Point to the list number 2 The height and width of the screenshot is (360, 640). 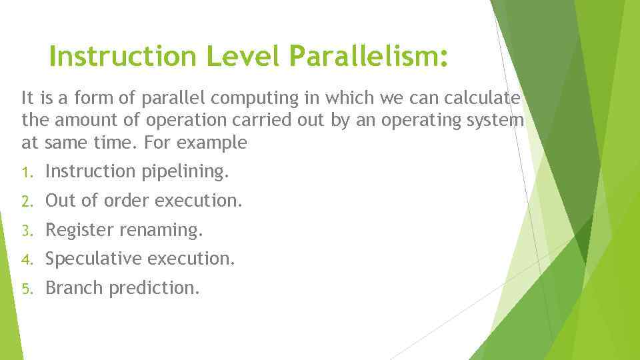[x=25, y=201]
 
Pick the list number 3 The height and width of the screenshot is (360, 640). [x=25, y=231]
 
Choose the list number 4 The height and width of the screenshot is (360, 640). [x=25, y=259]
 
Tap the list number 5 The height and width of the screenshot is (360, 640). [x=25, y=289]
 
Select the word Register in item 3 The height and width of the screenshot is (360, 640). [x=79, y=231]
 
